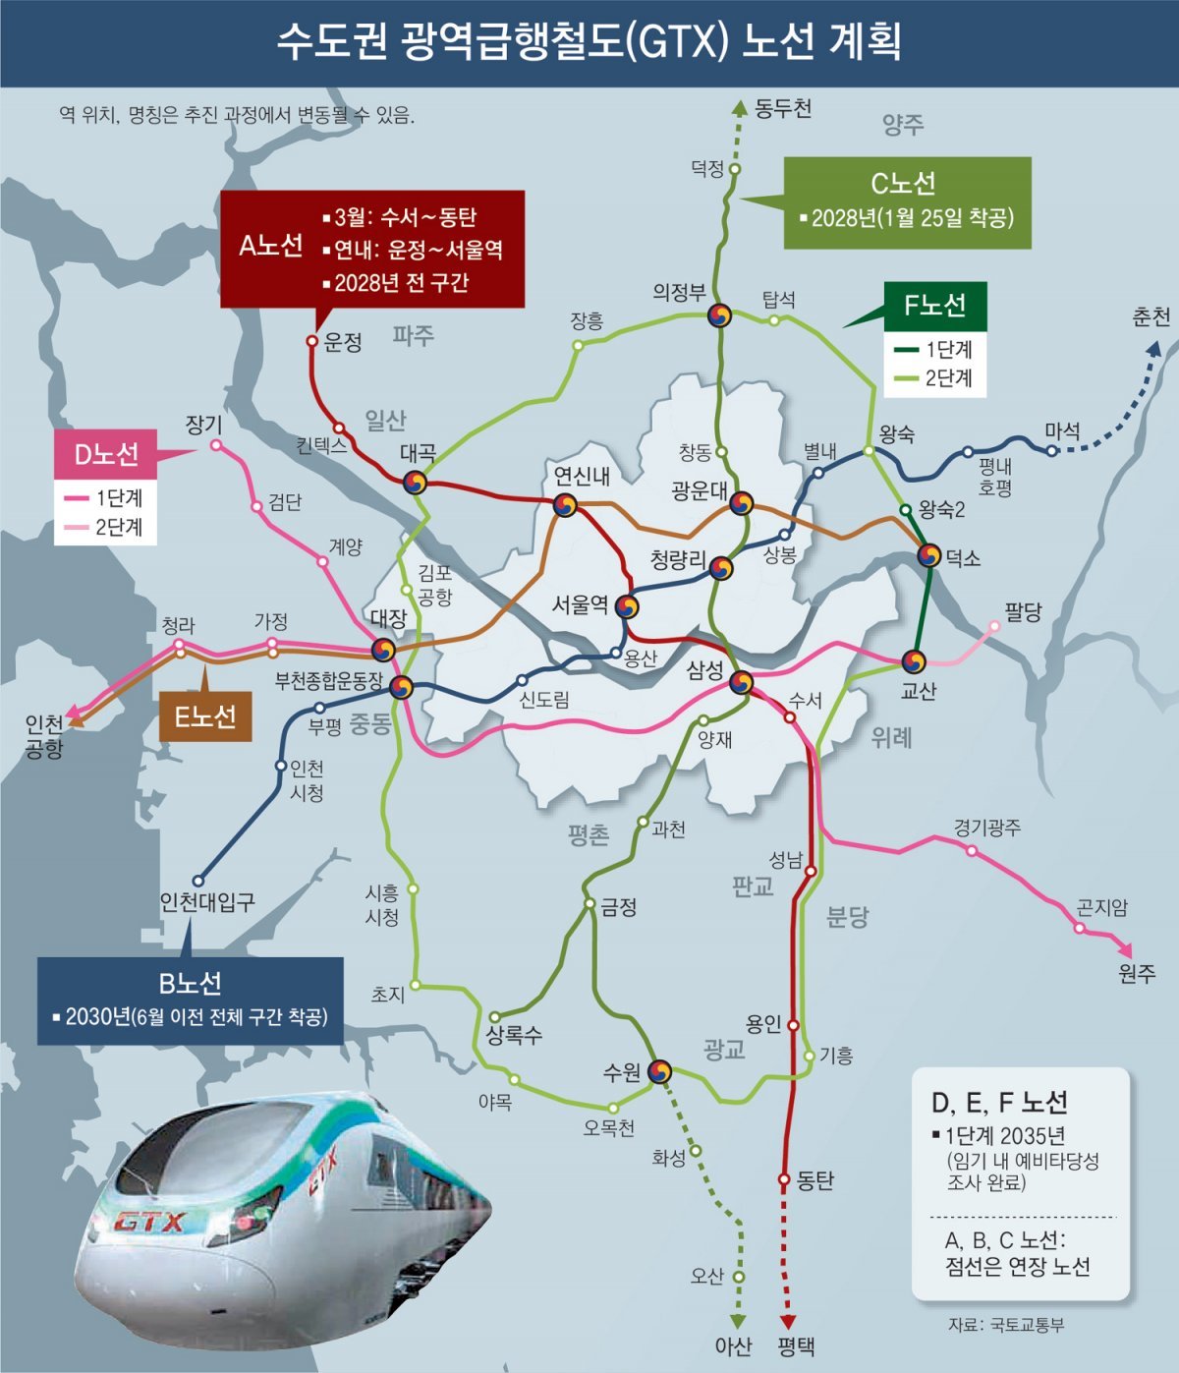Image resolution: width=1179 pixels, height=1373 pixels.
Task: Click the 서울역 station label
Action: point(580,604)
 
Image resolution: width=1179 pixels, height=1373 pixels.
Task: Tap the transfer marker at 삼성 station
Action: point(741,682)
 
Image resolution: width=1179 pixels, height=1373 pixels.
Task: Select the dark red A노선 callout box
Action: point(372,249)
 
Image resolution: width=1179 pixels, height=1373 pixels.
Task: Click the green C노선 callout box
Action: point(907,202)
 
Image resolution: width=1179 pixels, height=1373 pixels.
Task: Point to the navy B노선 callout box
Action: point(191,1001)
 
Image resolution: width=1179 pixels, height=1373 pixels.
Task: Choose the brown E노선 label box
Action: point(205,716)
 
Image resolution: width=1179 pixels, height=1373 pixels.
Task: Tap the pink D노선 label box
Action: point(107,454)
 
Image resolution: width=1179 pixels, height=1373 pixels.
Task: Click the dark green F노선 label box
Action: point(935,306)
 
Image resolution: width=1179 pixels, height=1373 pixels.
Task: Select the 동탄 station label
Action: point(815,1179)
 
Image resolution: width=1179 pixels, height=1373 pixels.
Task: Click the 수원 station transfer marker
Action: point(659,1071)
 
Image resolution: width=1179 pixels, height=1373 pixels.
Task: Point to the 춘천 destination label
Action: point(1151,317)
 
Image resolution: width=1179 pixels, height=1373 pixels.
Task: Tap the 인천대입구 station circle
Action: point(197,881)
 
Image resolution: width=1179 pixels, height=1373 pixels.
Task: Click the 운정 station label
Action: point(344,342)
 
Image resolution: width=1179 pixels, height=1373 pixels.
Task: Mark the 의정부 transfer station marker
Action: point(720,315)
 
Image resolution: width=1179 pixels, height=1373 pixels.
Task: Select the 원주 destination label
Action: point(1137,973)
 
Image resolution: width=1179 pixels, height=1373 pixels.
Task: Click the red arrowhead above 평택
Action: point(787,1323)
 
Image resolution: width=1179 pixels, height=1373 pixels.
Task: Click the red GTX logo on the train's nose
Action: point(150,1222)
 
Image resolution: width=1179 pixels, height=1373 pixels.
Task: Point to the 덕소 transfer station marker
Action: point(928,555)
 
